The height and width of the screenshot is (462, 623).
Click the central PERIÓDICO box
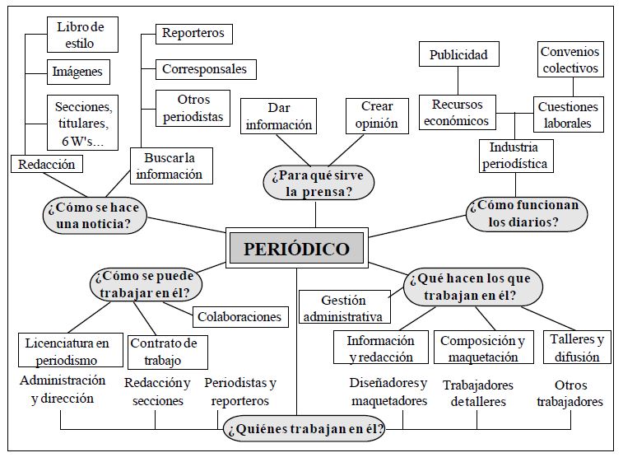click(297, 248)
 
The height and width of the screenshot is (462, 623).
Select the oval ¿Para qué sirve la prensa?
click(318, 184)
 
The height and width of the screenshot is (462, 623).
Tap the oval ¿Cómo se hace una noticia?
click(94, 216)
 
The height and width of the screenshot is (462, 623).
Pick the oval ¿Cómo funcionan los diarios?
click(527, 214)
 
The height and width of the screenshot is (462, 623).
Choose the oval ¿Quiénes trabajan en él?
click(305, 428)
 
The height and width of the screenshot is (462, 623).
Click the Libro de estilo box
click(82, 35)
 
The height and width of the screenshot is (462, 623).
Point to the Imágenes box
click(78, 72)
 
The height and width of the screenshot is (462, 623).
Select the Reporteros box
click(194, 34)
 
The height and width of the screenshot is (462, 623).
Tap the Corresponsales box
click(206, 69)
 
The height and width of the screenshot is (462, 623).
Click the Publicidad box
click(459, 54)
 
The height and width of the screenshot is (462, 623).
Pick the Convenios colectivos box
click(570, 59)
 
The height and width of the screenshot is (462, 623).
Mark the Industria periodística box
click(516, 156)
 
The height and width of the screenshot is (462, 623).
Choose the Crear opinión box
click(377, 115)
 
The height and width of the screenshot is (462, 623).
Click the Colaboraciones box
click(240, 317)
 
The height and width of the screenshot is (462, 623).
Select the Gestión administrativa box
click(345, 306)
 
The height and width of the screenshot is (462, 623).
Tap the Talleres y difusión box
click(577, 348)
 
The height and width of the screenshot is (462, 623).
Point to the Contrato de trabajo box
click(168, 352)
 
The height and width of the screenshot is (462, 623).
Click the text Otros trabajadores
click(570, 393)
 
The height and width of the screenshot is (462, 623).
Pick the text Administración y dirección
click(63, 389)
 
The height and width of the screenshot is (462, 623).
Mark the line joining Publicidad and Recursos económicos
click(458, 81)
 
